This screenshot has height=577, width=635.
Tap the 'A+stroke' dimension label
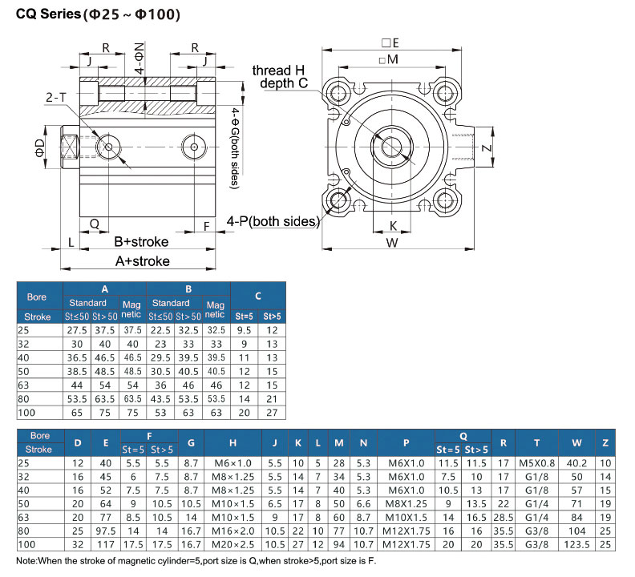pyautogui.click(x=142, y=260)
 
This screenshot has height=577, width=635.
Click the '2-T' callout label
pyautogui.click(x=57, y=97)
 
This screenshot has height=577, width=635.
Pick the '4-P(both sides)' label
pyautogui.click(x=273, y=221)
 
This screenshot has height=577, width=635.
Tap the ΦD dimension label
pyautogui.click(x=38, y=147)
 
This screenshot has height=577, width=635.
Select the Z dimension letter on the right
pyautogui.click(x=508, y=148)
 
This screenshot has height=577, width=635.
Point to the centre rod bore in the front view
pyautogui.click(x=393, y=146)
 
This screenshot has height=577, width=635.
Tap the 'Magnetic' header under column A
pyautogui.click(x=131, y=309)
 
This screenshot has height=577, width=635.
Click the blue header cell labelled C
pyautogui.click(x=258, y=296)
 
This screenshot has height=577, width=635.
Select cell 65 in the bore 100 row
pyautogui.click(x=77, y=413)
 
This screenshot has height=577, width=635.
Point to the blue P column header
pyautogui.click(x=406, y=442)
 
